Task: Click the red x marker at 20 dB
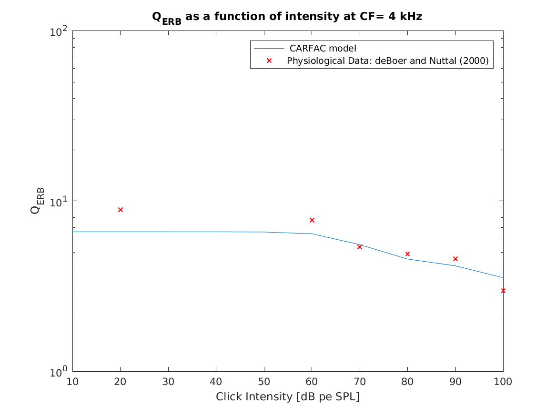point(121,210)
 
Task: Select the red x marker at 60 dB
point(312,220)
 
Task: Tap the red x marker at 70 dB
point(360,247)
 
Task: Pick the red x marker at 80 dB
point(407,254)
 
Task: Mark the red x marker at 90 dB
point(455,259)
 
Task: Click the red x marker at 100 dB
point(503,291)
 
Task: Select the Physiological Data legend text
point(388,61)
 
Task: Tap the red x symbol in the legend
point(269,61)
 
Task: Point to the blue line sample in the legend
point(269,48)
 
